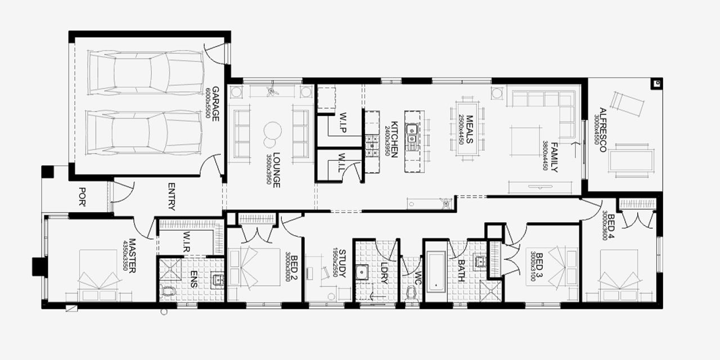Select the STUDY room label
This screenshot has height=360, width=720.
(341, 264)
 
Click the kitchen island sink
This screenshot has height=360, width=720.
(412, 133)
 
